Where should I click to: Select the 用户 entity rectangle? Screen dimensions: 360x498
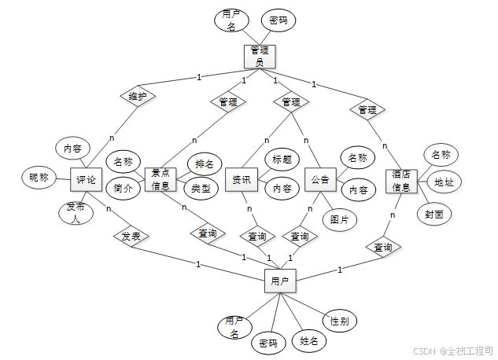pos(280,280)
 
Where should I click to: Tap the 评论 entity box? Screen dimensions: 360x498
pos(87,180)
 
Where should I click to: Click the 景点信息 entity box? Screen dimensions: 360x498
pos(160,180)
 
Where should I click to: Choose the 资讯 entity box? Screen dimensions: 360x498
pos(241,180)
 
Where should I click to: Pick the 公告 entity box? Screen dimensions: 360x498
pos(319,180)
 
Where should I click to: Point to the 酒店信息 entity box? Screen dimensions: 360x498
pos(401,182)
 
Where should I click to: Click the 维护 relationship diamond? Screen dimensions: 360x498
pos(138,96)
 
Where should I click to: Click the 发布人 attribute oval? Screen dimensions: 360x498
pos(76,212)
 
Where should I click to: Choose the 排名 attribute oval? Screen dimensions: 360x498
pos(204,164)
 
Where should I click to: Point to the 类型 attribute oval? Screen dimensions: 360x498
pos(201,188)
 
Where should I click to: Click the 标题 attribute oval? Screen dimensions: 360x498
pos(282,160)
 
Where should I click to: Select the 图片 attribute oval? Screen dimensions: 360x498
pos(340,219)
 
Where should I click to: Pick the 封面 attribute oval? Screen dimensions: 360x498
pos(433,214)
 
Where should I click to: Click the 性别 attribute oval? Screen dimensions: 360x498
pos(340,321)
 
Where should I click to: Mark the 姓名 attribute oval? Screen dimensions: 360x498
pos(309,341)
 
